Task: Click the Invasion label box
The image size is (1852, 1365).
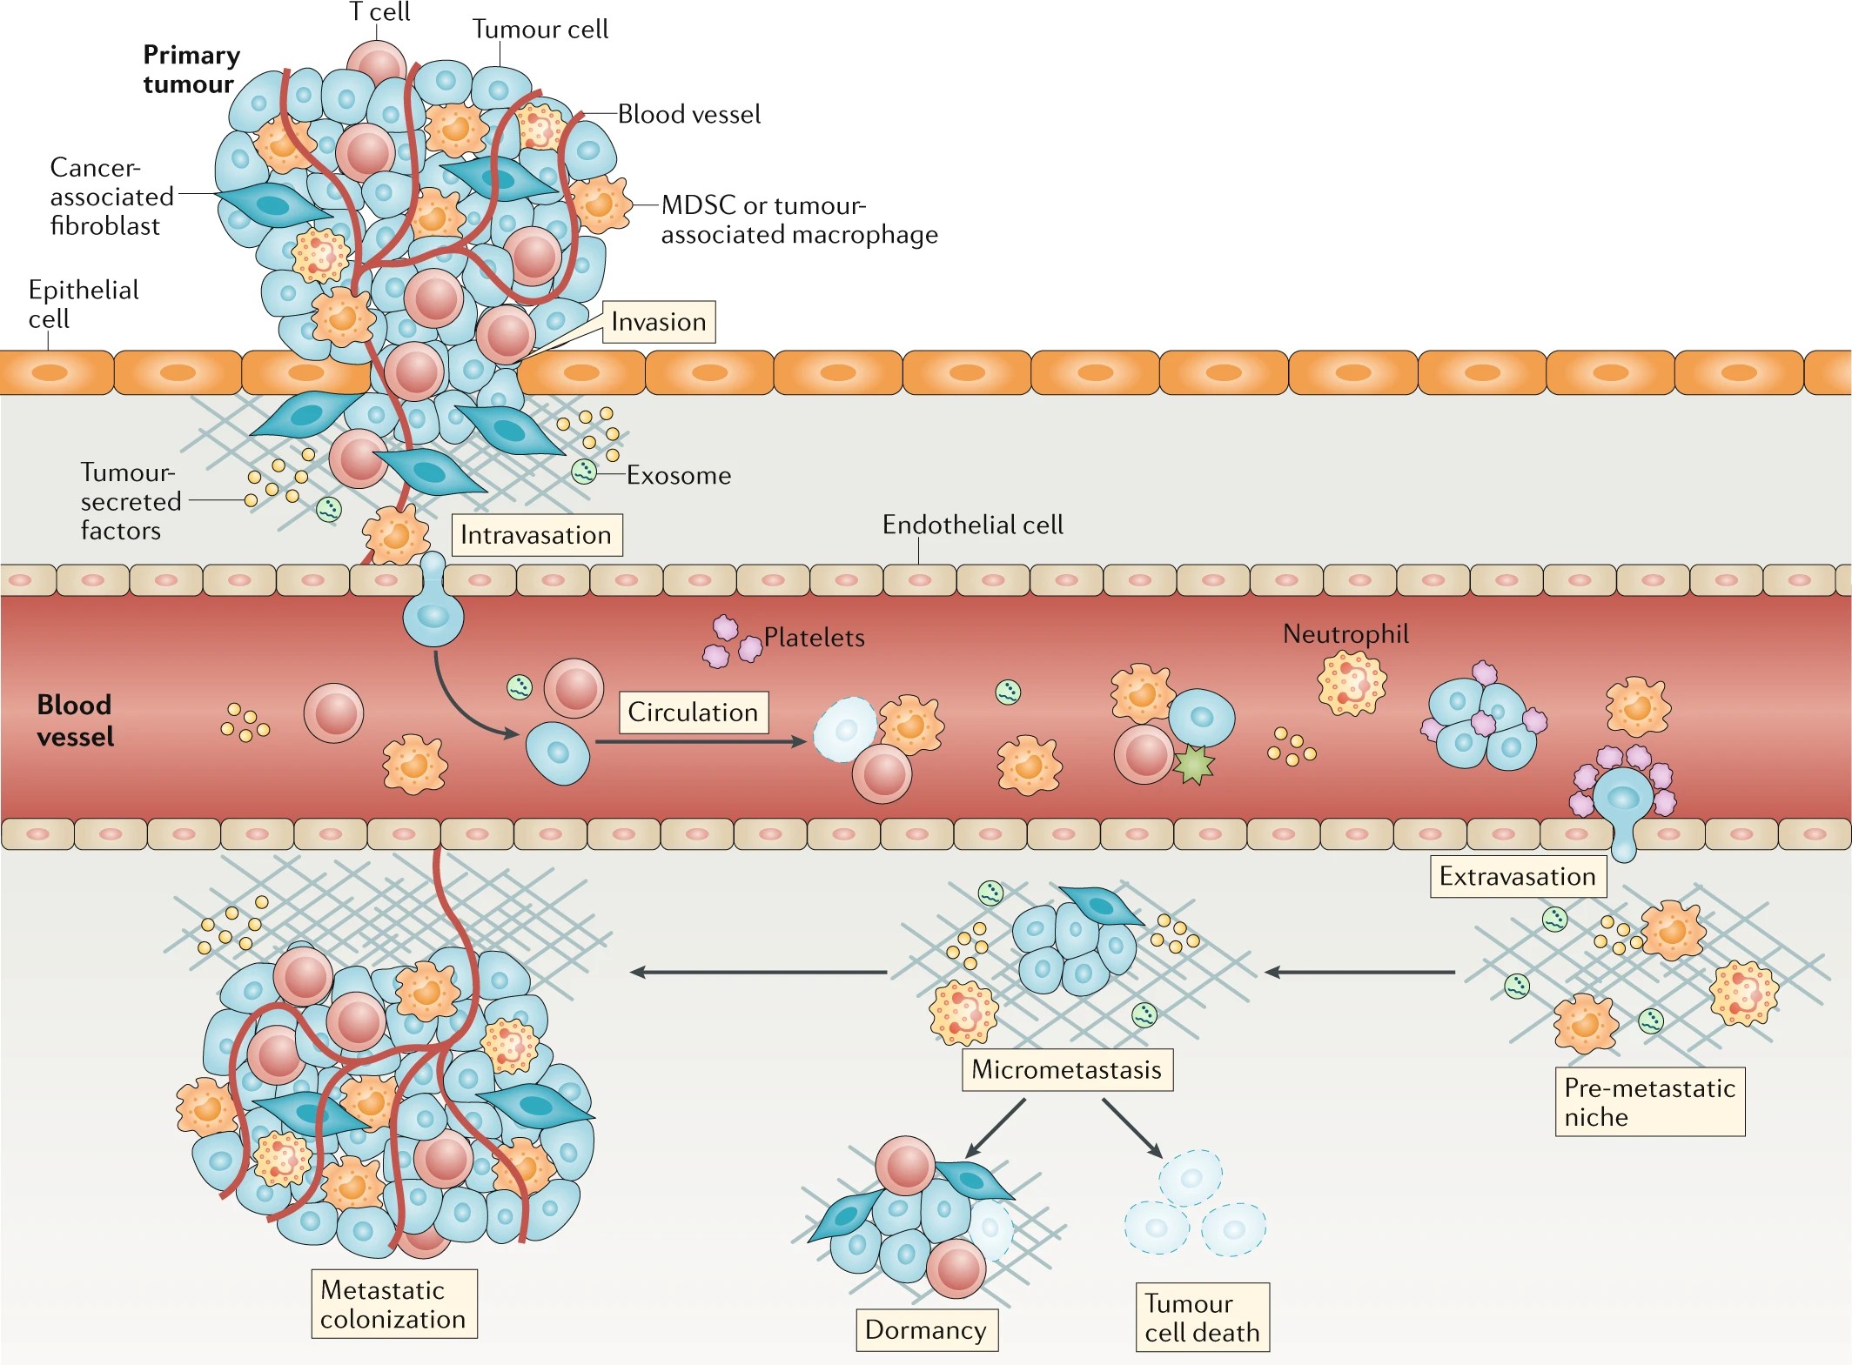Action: [659, 322]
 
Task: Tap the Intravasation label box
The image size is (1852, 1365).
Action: [536, 534]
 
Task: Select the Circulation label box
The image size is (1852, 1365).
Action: [693, 712]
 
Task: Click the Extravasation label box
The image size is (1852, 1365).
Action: [1517, 876]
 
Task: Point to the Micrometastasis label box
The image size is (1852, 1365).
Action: [1066, 1069]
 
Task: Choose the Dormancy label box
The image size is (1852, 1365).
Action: [926, 1329]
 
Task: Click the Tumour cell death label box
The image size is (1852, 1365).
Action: [1202, 1317]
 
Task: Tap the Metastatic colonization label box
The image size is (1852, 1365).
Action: [393, 1303]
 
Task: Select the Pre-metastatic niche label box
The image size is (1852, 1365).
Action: [1649, 1101]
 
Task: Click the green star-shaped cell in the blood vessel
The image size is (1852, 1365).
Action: [1193, 764]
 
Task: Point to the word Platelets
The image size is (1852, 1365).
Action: [814, 638]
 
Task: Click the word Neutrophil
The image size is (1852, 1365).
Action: [1345, 633]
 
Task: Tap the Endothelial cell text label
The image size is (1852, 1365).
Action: [972, 525]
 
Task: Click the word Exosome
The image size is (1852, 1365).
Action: [679, 475]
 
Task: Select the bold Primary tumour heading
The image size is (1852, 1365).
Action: [191, 70]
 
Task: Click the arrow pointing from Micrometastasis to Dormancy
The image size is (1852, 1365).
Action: [996, 1127]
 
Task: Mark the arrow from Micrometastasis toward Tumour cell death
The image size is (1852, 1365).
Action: [1132, 1127]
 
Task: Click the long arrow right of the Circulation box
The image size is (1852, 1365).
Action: [700, 742]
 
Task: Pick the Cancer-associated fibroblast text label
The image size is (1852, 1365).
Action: [111, 197]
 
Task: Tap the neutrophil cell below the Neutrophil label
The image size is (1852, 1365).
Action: [1351, 683]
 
